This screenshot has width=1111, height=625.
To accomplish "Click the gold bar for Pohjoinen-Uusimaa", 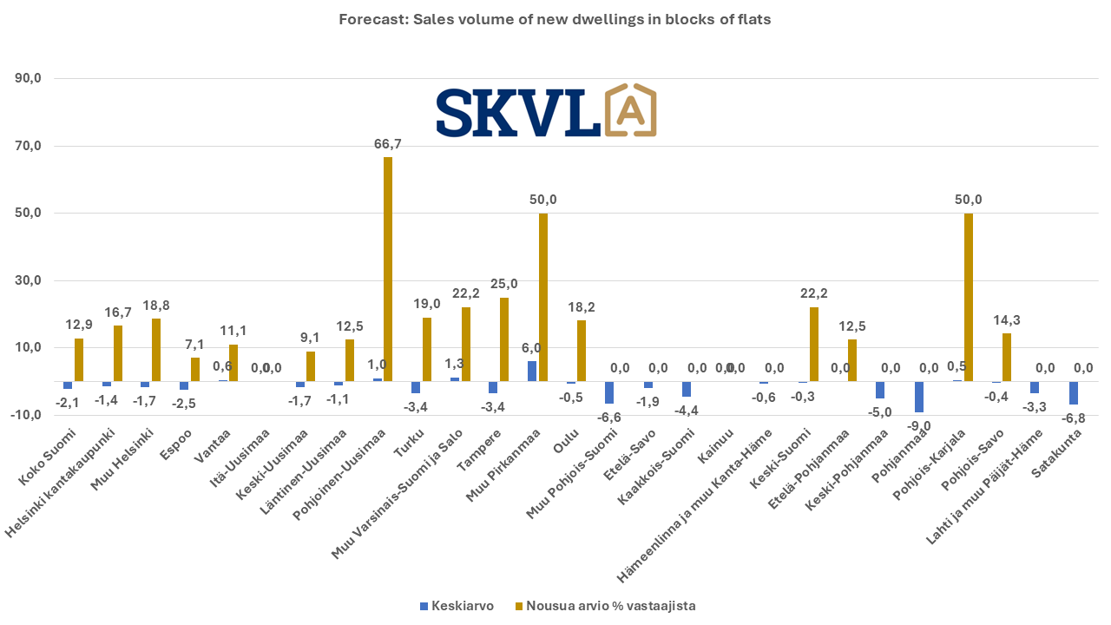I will [x=388, y=269].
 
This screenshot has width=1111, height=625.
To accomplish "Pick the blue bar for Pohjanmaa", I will [x=919, y=397].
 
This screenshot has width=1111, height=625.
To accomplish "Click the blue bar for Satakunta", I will [x=1074, y=393].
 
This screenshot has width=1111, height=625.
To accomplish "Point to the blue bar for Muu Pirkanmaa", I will [x=532, y=372].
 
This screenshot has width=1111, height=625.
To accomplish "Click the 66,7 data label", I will [x=387, y=144].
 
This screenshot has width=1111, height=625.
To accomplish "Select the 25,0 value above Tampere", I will [x=504, y=284].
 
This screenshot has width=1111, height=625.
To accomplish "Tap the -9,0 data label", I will [x=920, y=425].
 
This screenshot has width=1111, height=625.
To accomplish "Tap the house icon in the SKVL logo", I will [x=629, y=111].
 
